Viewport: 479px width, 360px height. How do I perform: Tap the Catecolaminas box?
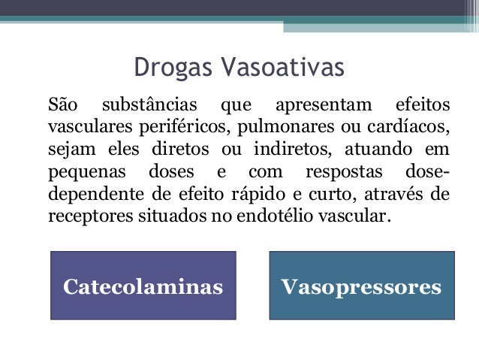click(x=143, y=286)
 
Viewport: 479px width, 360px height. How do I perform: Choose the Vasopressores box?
click(x=361, y=286)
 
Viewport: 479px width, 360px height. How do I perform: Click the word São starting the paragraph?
click(x=63, y=101)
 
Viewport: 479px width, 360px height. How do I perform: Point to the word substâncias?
click(x=147, y=101)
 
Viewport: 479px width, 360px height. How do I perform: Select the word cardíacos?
click(x=412, y=123)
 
